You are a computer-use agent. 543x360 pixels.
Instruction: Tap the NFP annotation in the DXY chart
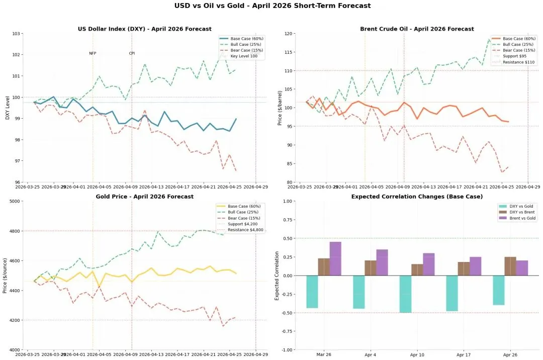(x=93, y=53)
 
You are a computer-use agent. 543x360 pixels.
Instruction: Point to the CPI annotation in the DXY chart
(x=132, y=53)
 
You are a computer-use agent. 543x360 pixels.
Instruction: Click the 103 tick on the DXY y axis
(x=16, y=34)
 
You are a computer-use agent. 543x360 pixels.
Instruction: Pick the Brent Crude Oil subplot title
(x=417, y=29)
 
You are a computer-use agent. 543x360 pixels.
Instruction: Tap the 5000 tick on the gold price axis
(x=14, y=201)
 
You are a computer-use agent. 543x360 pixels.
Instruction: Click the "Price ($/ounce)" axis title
(x=5, y=275)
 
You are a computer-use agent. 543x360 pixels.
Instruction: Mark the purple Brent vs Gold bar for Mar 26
(x=335, y=258)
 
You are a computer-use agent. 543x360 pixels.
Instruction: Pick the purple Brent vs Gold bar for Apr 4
(x=382, y=262)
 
